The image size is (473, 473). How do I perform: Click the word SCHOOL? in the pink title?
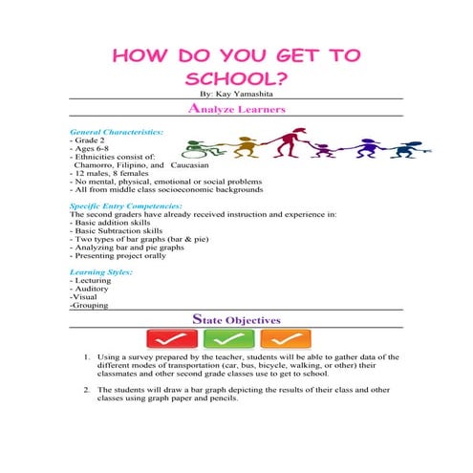point(236,76)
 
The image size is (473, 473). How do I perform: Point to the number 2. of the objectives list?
point(87,391)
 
